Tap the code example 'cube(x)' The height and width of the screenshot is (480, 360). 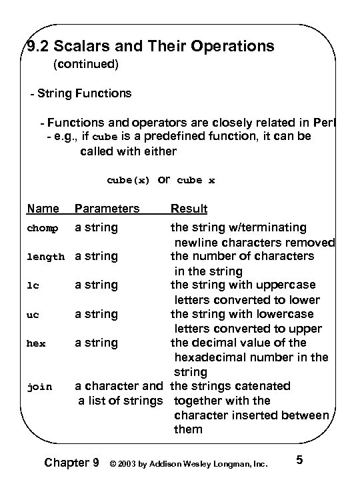pos(128,181)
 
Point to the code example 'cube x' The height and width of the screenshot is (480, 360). pos(196,181)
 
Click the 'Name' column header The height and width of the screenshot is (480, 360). pos(43,209)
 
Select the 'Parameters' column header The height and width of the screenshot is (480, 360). pos(107,209)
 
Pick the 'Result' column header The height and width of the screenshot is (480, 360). pos(189,209)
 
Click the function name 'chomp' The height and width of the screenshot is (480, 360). pos(43,229)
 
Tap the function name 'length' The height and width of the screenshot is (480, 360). pos(45,257)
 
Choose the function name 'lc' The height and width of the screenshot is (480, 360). pos(33,285)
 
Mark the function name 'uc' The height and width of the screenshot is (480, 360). pos(33,314)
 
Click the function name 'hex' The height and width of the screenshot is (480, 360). pos(35,343)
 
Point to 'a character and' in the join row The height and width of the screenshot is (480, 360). pos(118,386)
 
